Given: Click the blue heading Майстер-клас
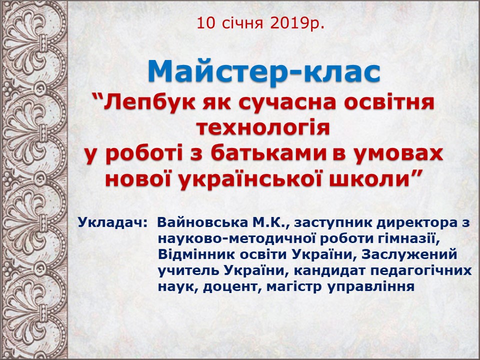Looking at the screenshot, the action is [x=264, y=71].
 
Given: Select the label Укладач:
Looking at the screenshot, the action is [x=113, y=222].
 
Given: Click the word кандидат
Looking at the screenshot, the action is [x=327, y=270].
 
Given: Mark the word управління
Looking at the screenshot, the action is [x=371, y=287].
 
